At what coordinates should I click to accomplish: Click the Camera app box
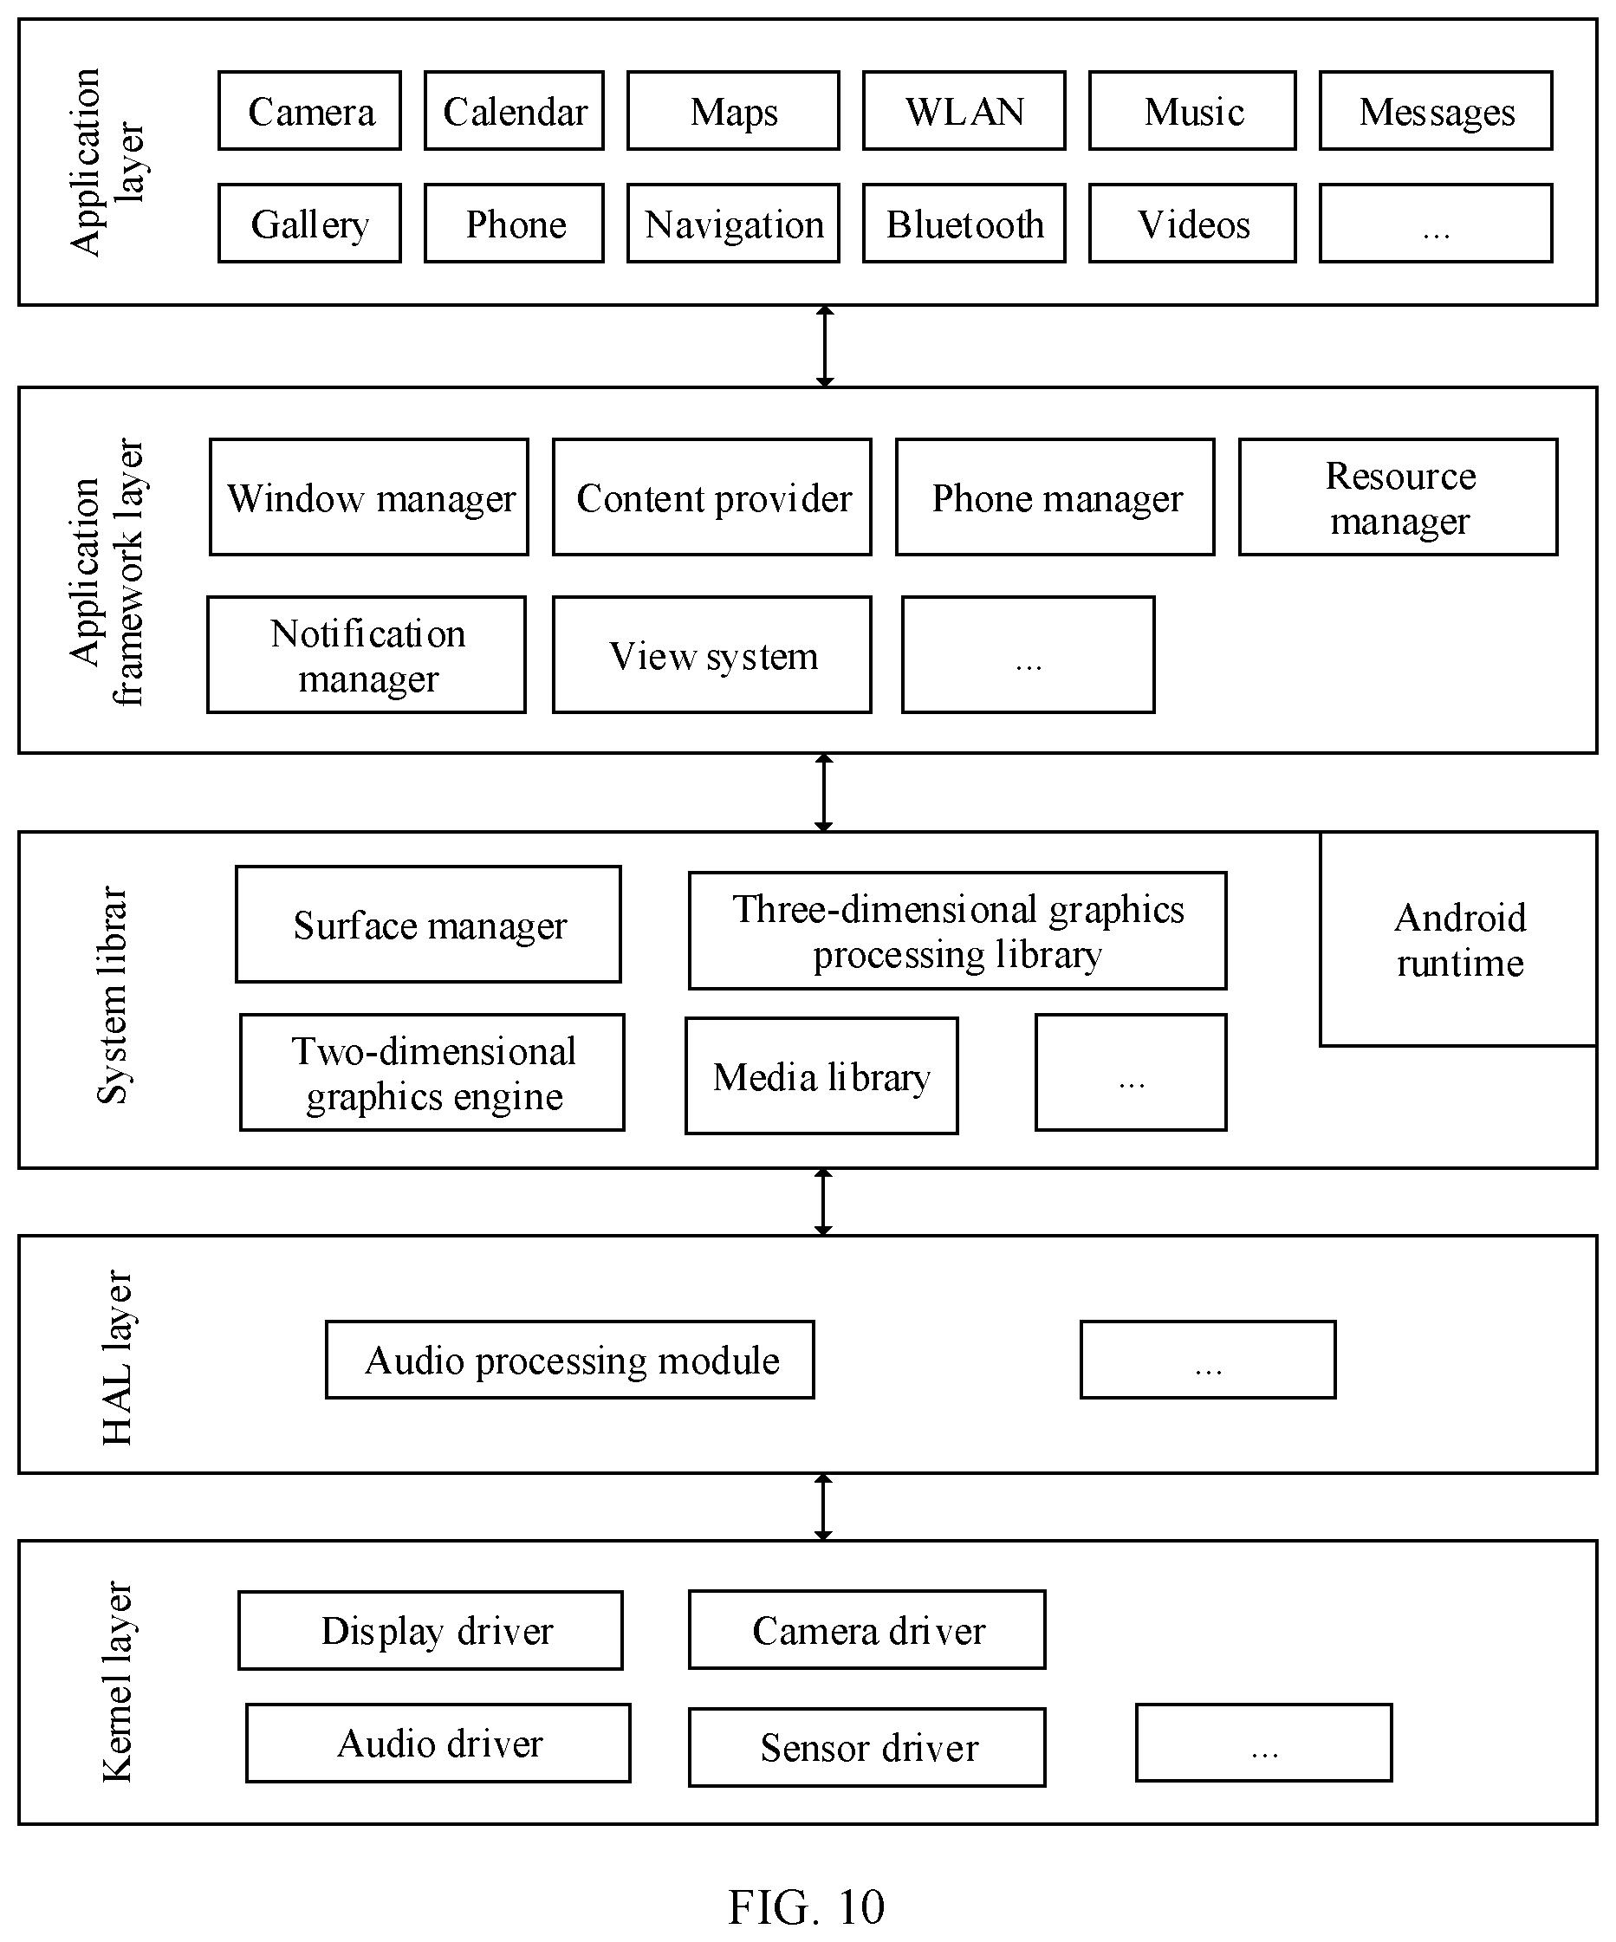tap(309, 111)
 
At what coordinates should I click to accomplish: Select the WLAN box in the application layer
tap(964, 111)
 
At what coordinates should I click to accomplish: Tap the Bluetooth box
tap(964, 224)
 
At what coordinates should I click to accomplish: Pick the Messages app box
tap(1436, 111)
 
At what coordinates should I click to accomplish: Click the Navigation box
tap(733, 224)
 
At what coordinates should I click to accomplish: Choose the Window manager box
tap(369, 497)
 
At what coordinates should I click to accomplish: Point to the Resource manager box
tap(1399, 497)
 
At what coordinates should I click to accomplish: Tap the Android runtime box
tap(1459, 939)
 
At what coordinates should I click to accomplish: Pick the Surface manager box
tap(428, 925)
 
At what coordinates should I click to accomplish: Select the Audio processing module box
tap(570, 1361)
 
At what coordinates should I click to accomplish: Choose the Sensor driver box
tap(867, 1748)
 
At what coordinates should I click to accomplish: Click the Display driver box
tap(431, 1631)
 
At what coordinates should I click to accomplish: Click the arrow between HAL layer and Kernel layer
tap(824, 1507)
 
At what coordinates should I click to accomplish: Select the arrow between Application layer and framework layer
tap(826, 347)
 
